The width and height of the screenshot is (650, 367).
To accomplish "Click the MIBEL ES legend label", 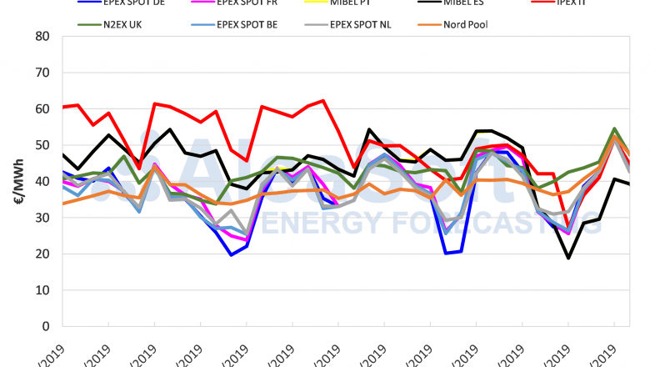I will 473,3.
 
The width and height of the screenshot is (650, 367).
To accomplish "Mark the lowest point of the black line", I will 568,258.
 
